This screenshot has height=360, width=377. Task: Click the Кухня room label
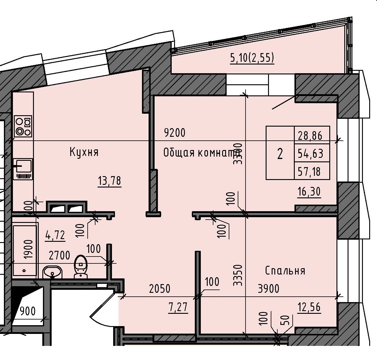(84, 152)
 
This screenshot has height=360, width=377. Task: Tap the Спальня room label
(285, 271)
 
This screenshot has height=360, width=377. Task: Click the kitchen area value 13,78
(110, 181)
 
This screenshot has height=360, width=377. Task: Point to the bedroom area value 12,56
(309, 307)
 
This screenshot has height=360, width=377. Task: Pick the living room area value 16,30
(309, 191)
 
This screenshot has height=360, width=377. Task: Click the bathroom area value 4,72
(55, 235)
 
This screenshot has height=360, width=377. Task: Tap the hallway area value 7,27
(178, 307)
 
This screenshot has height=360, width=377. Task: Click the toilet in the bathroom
(80, 266)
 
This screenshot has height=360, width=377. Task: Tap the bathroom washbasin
(53, 272)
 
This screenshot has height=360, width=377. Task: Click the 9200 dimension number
(175, 132)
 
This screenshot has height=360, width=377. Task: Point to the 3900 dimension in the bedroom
(268, 289)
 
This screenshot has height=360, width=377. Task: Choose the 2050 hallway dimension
(159, 289)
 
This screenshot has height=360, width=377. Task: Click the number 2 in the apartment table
(280, 154)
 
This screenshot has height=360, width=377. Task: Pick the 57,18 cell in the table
(309, 172)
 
